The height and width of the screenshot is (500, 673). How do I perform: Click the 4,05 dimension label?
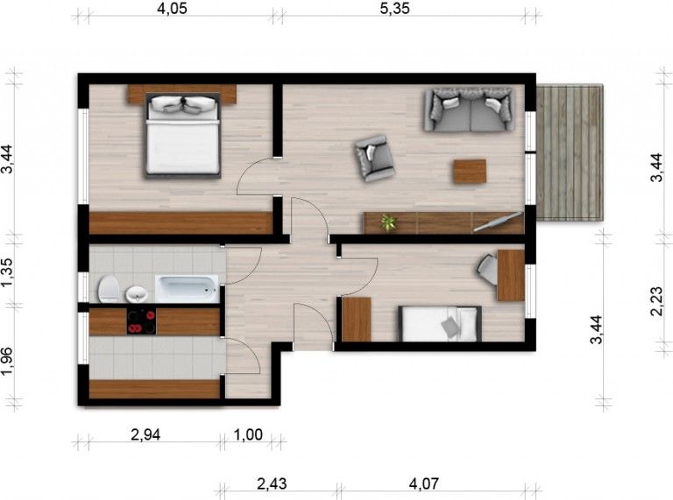point(172,9)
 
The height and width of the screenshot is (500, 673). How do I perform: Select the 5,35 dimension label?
point(395,9)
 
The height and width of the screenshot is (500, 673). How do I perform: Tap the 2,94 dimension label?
point(145,435)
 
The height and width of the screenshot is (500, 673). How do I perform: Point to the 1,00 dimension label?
point(248,435)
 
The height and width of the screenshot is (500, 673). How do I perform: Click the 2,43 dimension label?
point(272,484)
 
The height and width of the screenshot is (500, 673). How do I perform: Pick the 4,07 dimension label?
point(423,484)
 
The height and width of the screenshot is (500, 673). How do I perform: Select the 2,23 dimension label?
point(656,301)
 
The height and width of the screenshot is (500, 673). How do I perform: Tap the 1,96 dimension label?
point(7,361)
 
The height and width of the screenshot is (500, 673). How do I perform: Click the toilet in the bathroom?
point(108,289)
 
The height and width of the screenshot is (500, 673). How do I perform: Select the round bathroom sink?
point(137,294)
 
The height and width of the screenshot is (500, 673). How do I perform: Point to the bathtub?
point(188,289)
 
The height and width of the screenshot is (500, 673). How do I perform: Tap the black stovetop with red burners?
point(141,321)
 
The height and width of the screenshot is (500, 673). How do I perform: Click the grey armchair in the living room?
point(374,158)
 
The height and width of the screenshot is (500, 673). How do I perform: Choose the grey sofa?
point(469,109)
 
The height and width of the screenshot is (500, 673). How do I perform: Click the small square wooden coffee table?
point(470,172)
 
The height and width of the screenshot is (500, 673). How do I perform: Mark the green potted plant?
point(388,222)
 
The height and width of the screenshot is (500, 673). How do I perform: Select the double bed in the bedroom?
point(183,135)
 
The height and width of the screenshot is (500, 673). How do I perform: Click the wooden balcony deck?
point(570,152)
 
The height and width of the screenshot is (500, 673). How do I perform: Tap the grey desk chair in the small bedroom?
point(487,270)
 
